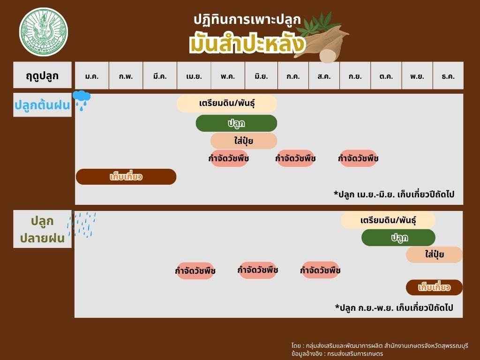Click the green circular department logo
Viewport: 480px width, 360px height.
44,32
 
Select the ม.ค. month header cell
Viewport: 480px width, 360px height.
92,75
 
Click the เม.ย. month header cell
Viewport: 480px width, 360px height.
194,75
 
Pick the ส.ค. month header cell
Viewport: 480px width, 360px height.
324,75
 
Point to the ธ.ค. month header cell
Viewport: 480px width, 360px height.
448,75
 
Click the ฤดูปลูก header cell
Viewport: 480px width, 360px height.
42,75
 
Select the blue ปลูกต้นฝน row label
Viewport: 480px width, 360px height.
42,105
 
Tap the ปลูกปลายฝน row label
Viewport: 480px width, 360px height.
42,229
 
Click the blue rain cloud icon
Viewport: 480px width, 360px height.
82,100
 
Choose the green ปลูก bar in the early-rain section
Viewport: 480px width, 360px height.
236,123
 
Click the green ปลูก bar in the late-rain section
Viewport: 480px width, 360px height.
398,238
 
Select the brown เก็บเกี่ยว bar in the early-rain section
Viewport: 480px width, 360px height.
126,177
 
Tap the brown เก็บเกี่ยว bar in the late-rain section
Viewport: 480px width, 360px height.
434,287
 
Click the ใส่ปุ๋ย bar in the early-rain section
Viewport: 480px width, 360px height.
244,141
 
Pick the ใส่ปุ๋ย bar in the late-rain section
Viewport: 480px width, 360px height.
434,255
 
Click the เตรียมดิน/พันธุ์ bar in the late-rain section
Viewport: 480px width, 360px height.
388,220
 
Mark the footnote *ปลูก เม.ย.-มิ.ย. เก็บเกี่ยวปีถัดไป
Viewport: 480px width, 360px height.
394,195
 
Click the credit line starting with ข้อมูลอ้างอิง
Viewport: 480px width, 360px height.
337,353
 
